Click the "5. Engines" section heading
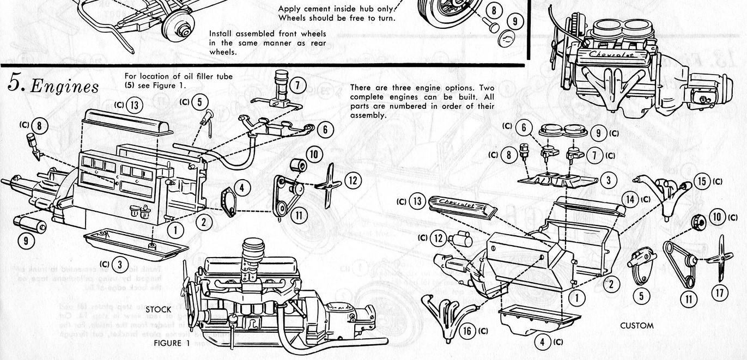pyautogui.click(x=53, y=85)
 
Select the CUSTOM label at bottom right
pyautogui.click(x=636, y=326)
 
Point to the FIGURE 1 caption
pyautogui.click(x=171, y=343)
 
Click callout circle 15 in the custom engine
pyautogui.click(x=702, y=181)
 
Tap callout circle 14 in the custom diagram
pyautogui.click(x=630, y=199)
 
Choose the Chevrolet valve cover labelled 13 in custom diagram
pyautogui.click(x=463, y=207)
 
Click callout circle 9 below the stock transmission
pyautogui.click(x=27, y=240)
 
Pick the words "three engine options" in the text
pyautogui.click(x=430, y=88)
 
